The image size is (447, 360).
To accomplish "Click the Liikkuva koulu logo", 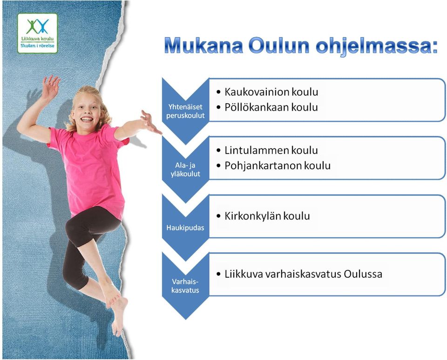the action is (x=37, y=33).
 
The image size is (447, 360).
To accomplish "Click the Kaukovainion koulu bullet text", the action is (x=271, y=92).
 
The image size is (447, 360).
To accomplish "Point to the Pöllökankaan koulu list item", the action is (x=271, y=107).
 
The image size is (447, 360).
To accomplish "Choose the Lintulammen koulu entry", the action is (x=271, y=150).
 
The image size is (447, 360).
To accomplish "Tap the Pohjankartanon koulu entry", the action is (x=278, y=166).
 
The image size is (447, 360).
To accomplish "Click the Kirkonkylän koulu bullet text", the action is (x=267, y=216).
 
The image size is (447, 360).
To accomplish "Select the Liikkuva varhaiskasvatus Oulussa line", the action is (x=303, y=274).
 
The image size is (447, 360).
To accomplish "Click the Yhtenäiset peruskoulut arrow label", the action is (x=186, y=111).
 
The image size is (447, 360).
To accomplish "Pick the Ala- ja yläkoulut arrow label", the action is (x=186, y=169).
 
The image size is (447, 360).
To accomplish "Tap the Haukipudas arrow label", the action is (x=185, y=228).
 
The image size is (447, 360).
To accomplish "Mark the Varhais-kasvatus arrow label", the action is (x=185, y=286).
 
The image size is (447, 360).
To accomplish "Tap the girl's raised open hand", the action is (x=50, y=87).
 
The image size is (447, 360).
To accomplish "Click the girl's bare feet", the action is (x=116, y=310).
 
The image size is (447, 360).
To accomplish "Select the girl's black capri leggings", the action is (x=86, y=242).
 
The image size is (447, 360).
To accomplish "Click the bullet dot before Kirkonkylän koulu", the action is (x=219, y=216).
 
